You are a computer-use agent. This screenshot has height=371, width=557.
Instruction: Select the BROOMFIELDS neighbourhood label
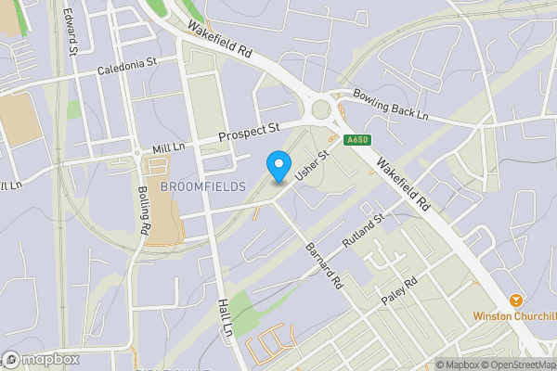point(203,186)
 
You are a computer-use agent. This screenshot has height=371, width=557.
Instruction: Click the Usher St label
point(312,165)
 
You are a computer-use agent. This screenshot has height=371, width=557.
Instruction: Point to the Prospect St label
point(249,134)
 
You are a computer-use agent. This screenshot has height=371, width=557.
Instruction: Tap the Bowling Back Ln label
point(390,105)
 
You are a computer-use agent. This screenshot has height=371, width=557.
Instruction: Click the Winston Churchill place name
point(514,315)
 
